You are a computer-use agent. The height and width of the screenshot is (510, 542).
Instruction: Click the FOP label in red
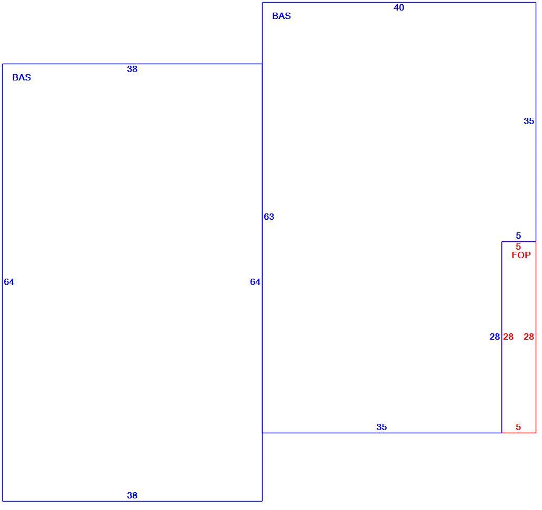tap(521, 255)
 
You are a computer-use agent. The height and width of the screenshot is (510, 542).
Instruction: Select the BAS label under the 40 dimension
tap(282, 16)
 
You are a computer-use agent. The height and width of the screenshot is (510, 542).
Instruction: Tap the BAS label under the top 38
tap(22, 77)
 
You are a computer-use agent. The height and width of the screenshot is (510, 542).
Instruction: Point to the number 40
tap(399, 7)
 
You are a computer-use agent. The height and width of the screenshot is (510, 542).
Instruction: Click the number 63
tap(269, 217)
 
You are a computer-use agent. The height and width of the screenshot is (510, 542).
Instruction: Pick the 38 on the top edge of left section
tap(132, 69)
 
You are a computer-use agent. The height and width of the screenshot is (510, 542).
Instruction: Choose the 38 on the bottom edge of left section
tap(132, 495)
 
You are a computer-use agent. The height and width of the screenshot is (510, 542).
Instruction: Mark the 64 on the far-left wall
tap(9, 282)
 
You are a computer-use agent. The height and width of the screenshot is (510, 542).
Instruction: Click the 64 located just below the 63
tap(255, 282)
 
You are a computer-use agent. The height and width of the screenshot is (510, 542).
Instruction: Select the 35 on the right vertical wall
tap(529, 121)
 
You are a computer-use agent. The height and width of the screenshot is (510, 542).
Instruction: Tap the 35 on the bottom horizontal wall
tap(382, 427)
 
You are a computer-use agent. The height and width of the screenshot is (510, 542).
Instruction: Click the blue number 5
tap(518, 236)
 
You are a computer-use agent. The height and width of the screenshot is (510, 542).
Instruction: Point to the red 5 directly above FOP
tap(518, 247)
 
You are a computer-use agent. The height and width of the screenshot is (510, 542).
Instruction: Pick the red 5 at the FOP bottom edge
tap(518, 427)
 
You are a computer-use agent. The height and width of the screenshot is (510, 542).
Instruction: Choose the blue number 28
tap(495, 336)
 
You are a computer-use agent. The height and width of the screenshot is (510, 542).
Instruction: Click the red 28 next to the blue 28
tap(508, 336)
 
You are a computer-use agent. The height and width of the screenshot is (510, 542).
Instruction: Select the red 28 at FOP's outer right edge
tap(529, 336)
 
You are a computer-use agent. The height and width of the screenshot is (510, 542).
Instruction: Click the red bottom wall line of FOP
tap(519, 433)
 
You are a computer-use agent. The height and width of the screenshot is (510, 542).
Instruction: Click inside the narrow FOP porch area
tap(518, 380)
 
